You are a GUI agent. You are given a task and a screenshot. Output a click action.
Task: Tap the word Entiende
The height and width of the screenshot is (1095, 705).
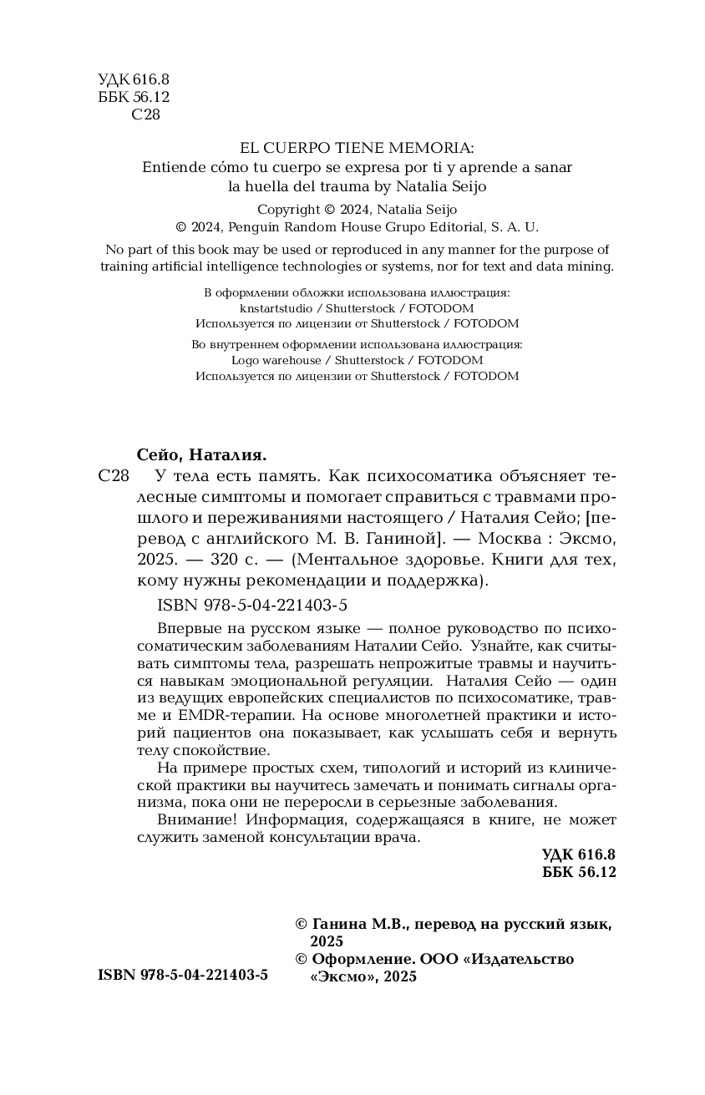[x=173, y=166]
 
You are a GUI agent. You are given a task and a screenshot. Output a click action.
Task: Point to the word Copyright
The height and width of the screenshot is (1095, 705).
[x=288, y=210]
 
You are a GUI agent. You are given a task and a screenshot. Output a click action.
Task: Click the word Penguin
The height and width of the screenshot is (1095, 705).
[x=256, y=227]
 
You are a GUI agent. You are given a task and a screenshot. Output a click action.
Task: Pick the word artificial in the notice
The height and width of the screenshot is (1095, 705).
[x=175, y=266]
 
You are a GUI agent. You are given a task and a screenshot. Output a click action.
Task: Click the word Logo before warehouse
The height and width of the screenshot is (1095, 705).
[x=246, y=360]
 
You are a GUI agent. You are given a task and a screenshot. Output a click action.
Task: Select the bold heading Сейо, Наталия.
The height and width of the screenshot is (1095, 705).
[x=200, y=455]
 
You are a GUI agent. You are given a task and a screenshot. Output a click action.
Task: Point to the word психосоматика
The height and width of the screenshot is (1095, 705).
[x=447, y=477]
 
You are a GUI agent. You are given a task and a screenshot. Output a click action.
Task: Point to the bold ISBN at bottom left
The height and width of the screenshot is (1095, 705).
[x=183, y=976]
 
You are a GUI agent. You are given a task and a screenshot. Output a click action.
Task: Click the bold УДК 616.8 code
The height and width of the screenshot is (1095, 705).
[x=578, y=854]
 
